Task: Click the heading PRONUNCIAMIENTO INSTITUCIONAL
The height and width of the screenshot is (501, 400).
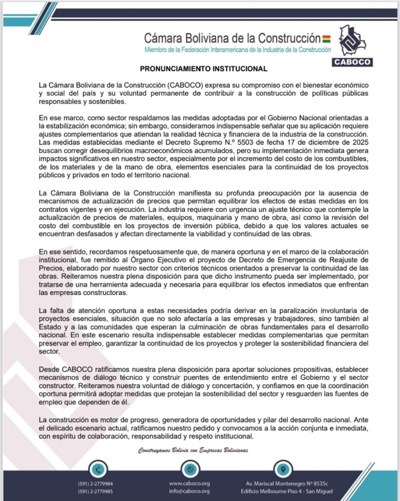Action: (204, 69)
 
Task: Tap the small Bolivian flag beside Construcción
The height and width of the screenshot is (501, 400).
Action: (326, 38)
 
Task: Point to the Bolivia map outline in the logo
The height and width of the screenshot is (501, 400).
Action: (352, 41)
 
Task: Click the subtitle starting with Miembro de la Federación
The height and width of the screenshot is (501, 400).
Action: (238, 50)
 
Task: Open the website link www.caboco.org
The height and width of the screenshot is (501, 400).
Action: (189, 483)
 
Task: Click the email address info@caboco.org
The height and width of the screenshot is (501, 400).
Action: (189, 491)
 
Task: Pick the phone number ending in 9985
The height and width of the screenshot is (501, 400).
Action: (95, 491)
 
